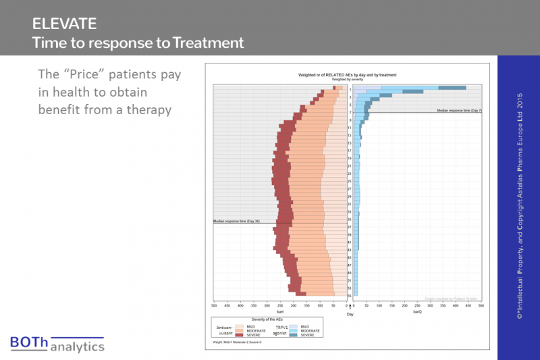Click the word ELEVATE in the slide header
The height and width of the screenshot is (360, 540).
[x=64, y=24]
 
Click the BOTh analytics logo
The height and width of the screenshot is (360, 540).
[x=57, y=343]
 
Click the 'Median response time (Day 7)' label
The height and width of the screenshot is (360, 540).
[x=459, y=109]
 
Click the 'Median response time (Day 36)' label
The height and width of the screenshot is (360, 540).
[x=236, y=222]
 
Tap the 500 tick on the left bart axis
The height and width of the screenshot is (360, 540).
[x=214, y=305]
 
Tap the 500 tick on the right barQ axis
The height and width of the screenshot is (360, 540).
[x=481, y=305]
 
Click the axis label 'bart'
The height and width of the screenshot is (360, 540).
[x=279, y=311]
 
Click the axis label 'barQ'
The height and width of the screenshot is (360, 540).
[x=417, y=311]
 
